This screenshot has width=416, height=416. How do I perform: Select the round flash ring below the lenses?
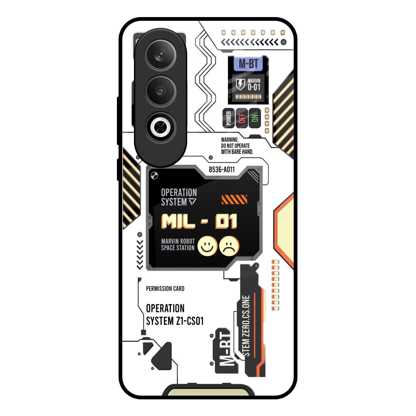point(160,126)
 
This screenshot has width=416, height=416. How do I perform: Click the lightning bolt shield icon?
point(240,84)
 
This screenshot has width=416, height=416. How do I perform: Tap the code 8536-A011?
point(222,169)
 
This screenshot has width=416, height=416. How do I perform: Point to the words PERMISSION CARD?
point(165,289)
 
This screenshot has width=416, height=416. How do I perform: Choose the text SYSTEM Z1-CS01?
point(175,321)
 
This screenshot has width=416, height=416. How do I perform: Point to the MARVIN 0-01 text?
point(254,84)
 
